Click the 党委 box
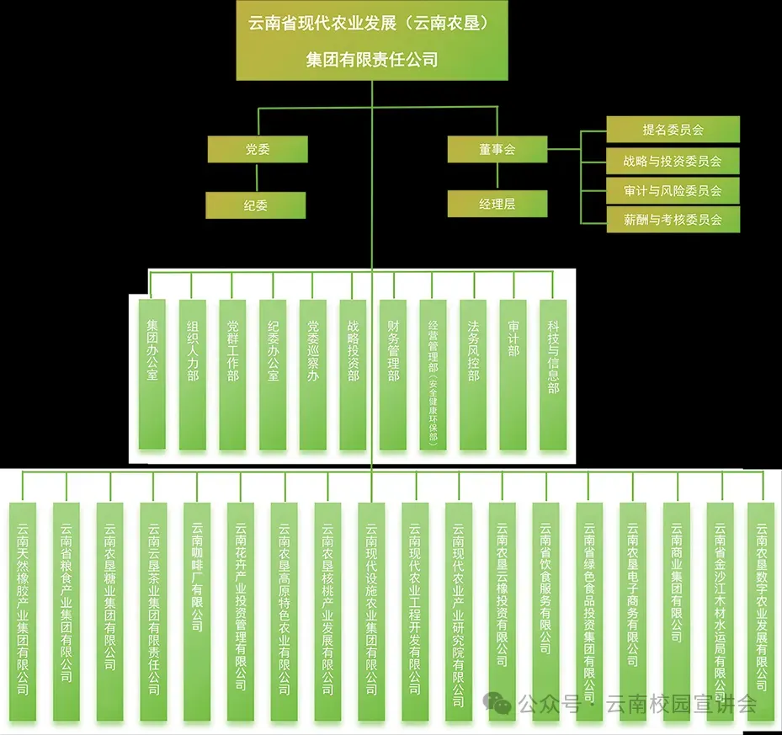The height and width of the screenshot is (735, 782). (x=257, y=149)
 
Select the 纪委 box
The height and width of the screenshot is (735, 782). (x=256, y=205)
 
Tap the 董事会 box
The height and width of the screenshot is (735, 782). (x=497, y=149)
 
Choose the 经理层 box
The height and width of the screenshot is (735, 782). (x=497, y=204)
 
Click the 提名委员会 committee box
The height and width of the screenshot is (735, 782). (x=673, y=130)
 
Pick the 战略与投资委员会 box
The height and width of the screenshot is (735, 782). (x=673, y=160)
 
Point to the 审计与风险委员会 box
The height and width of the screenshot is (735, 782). (x=673, y=190)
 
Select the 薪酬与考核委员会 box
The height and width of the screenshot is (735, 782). (x=673, y=220)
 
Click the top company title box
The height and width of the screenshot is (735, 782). (x=373, y=41)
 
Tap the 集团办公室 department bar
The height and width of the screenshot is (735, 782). (x=152, y=374)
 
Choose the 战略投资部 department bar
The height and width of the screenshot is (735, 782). (x=354, y=374)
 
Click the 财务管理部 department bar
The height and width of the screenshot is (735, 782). (x=393, y=374)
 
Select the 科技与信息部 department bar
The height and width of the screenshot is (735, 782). (x=553, y=374)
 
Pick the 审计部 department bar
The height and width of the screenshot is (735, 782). (x=513, y=374)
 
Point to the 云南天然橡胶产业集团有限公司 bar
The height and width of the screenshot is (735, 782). (x=23, y=610)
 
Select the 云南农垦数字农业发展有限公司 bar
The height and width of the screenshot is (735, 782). (x=761, y=610)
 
